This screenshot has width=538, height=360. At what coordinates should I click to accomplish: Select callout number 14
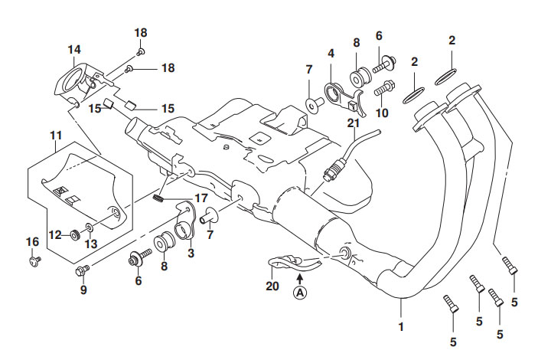pos(73,50)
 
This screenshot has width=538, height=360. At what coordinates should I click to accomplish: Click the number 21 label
pos(352,123)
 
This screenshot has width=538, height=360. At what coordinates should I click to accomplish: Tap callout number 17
pos(201,198)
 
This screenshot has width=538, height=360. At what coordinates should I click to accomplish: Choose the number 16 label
pos(32,241)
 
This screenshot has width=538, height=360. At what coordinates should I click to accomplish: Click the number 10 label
pos(383,113)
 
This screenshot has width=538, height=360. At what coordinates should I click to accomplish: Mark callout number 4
pos(331,54)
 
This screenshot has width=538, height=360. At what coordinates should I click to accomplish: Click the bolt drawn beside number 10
pos(384,87)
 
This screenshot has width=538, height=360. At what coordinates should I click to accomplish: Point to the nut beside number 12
pos(76,234)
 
